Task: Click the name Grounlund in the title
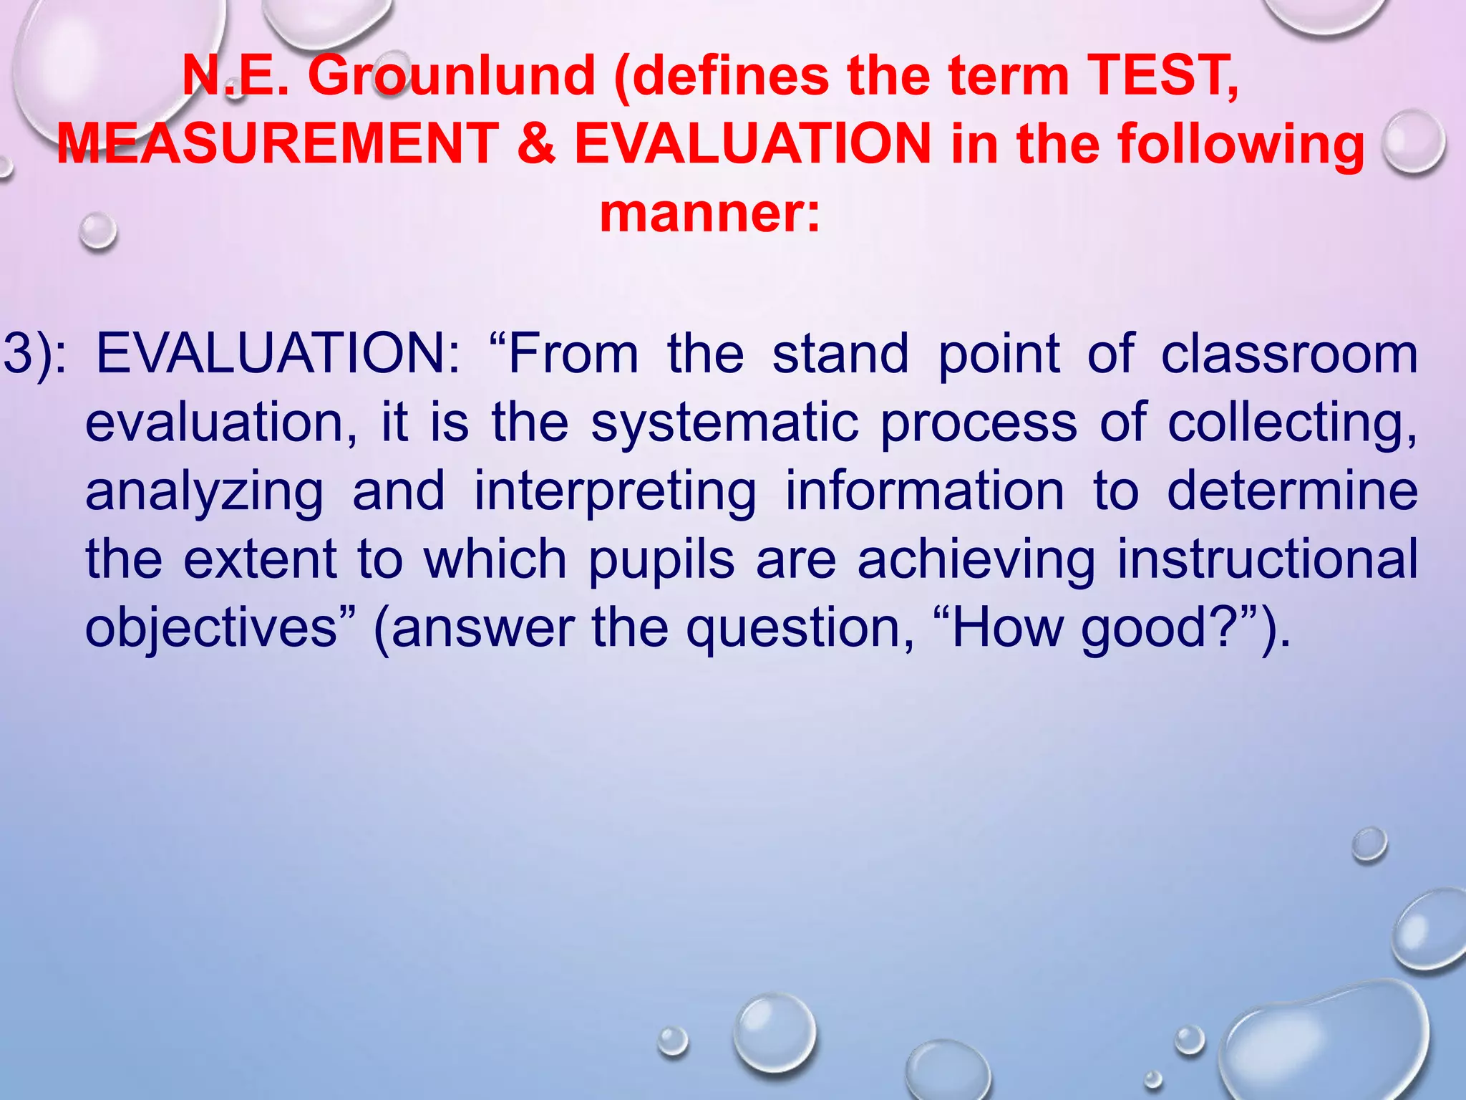click(x=451, y=76)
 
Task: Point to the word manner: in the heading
click(x=709, y=213)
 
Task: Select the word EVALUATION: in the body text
click(x=279, y=354)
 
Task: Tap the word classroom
click(x=1288, y=354)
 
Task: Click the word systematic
click(x=724, y=423)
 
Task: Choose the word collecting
click(x=1291, y=423)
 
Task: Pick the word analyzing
click(x=205, y=493)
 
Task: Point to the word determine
click(x=1292, y=491)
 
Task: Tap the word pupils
click(x=661, y=560)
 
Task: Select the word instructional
click(x=1267, y=560)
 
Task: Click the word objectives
click(x=211, y=629)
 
